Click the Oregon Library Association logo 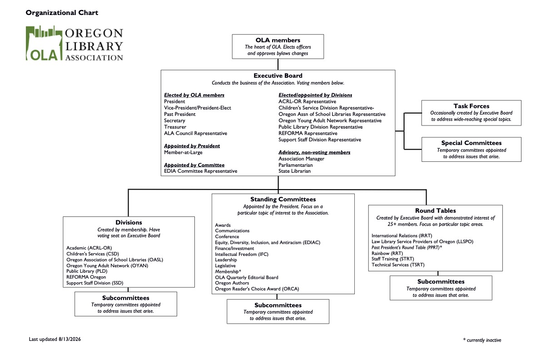[74, 43]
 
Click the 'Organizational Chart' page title [62, 13]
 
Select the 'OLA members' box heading [278, 40]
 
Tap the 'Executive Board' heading [278, 75]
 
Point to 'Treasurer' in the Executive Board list [175, 127]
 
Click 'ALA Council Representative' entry [195, 133]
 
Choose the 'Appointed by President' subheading [192, 146]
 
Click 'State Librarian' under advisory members [294, 171]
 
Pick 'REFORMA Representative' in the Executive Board [308, 133]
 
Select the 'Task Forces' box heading [472, 106]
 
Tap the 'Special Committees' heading [472, 143]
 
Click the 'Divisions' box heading [129, 222]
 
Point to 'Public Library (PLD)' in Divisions [87, 271]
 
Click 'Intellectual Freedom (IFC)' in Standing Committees [242, 254]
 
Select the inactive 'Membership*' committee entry [228, 271]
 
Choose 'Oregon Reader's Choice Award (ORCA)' [257, 289]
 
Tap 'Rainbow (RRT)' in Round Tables [387, 253]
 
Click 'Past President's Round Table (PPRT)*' [407, 247]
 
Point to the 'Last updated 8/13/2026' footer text [55, 339]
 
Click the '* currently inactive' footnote [482, 340]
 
